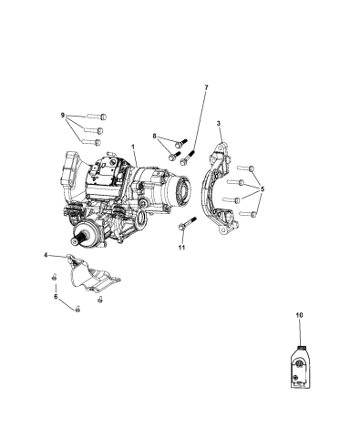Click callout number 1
(133, 147)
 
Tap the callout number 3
(219, 123)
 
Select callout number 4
(46, 257)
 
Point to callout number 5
(262, 189)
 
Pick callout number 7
(206, 87)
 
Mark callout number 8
(156, 136)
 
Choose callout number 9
(63, 116)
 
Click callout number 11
(181, 248)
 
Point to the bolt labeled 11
(186, 224)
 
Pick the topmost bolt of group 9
(97, 116)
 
